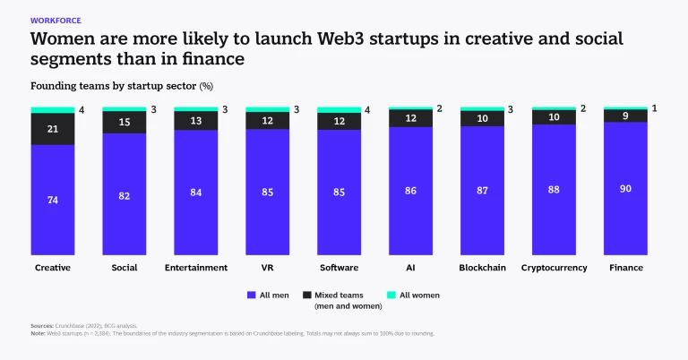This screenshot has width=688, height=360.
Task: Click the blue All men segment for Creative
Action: [53, 200]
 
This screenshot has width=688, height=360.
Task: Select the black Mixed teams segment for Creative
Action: [53, 129]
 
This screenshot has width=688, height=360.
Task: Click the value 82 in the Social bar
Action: [124, 194]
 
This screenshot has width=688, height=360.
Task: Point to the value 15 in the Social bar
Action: [124, 123]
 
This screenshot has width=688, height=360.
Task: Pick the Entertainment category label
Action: [195, 267]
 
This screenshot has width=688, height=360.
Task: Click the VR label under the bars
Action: [267, 267]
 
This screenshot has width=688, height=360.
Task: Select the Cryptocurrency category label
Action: [554, 267]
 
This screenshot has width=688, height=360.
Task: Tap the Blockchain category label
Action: [482, 267]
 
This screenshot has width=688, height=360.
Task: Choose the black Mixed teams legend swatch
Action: [306, 295]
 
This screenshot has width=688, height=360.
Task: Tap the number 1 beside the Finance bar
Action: [655, 108]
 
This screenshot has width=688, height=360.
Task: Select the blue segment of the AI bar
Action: [410, 192]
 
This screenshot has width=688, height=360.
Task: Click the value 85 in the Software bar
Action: [339, 193]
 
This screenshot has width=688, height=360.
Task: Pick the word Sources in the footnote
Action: [41, 327]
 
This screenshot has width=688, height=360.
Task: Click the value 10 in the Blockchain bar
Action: [482, 118]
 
